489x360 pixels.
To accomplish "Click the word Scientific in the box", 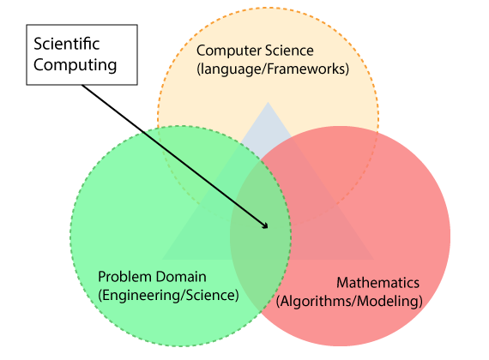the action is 67,44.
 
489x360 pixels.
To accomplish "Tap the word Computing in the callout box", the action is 75,65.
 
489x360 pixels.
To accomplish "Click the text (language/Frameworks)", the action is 273,69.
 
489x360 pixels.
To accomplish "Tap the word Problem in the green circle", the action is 125,277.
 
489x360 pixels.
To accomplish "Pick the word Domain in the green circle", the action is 181,277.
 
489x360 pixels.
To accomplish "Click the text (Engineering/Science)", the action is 168,295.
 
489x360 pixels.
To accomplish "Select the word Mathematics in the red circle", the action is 378,283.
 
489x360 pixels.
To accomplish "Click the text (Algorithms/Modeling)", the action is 349,302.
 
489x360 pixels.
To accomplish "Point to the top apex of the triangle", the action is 268,102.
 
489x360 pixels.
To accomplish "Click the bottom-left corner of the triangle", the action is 162,259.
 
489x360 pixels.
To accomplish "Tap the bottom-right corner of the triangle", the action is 373,259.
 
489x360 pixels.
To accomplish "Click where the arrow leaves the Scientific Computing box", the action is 82,85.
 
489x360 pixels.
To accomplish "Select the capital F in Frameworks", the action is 271,69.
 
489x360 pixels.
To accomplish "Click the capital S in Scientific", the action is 38,44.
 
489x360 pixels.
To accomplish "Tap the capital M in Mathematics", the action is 343,283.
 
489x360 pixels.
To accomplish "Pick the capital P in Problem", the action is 102,277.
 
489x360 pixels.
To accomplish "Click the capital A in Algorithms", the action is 287,302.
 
